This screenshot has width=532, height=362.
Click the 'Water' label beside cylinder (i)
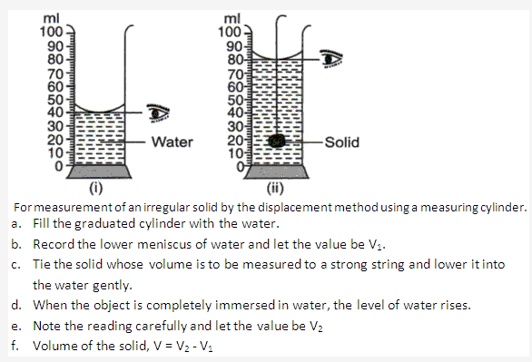click(171, 142)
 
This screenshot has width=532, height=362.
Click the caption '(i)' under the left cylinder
click(95, 189)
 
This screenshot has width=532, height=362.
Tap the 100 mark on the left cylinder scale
click(50, 32)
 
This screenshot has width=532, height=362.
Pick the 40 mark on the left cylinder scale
click(54, 111)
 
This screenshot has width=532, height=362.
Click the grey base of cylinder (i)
click(96, 174)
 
